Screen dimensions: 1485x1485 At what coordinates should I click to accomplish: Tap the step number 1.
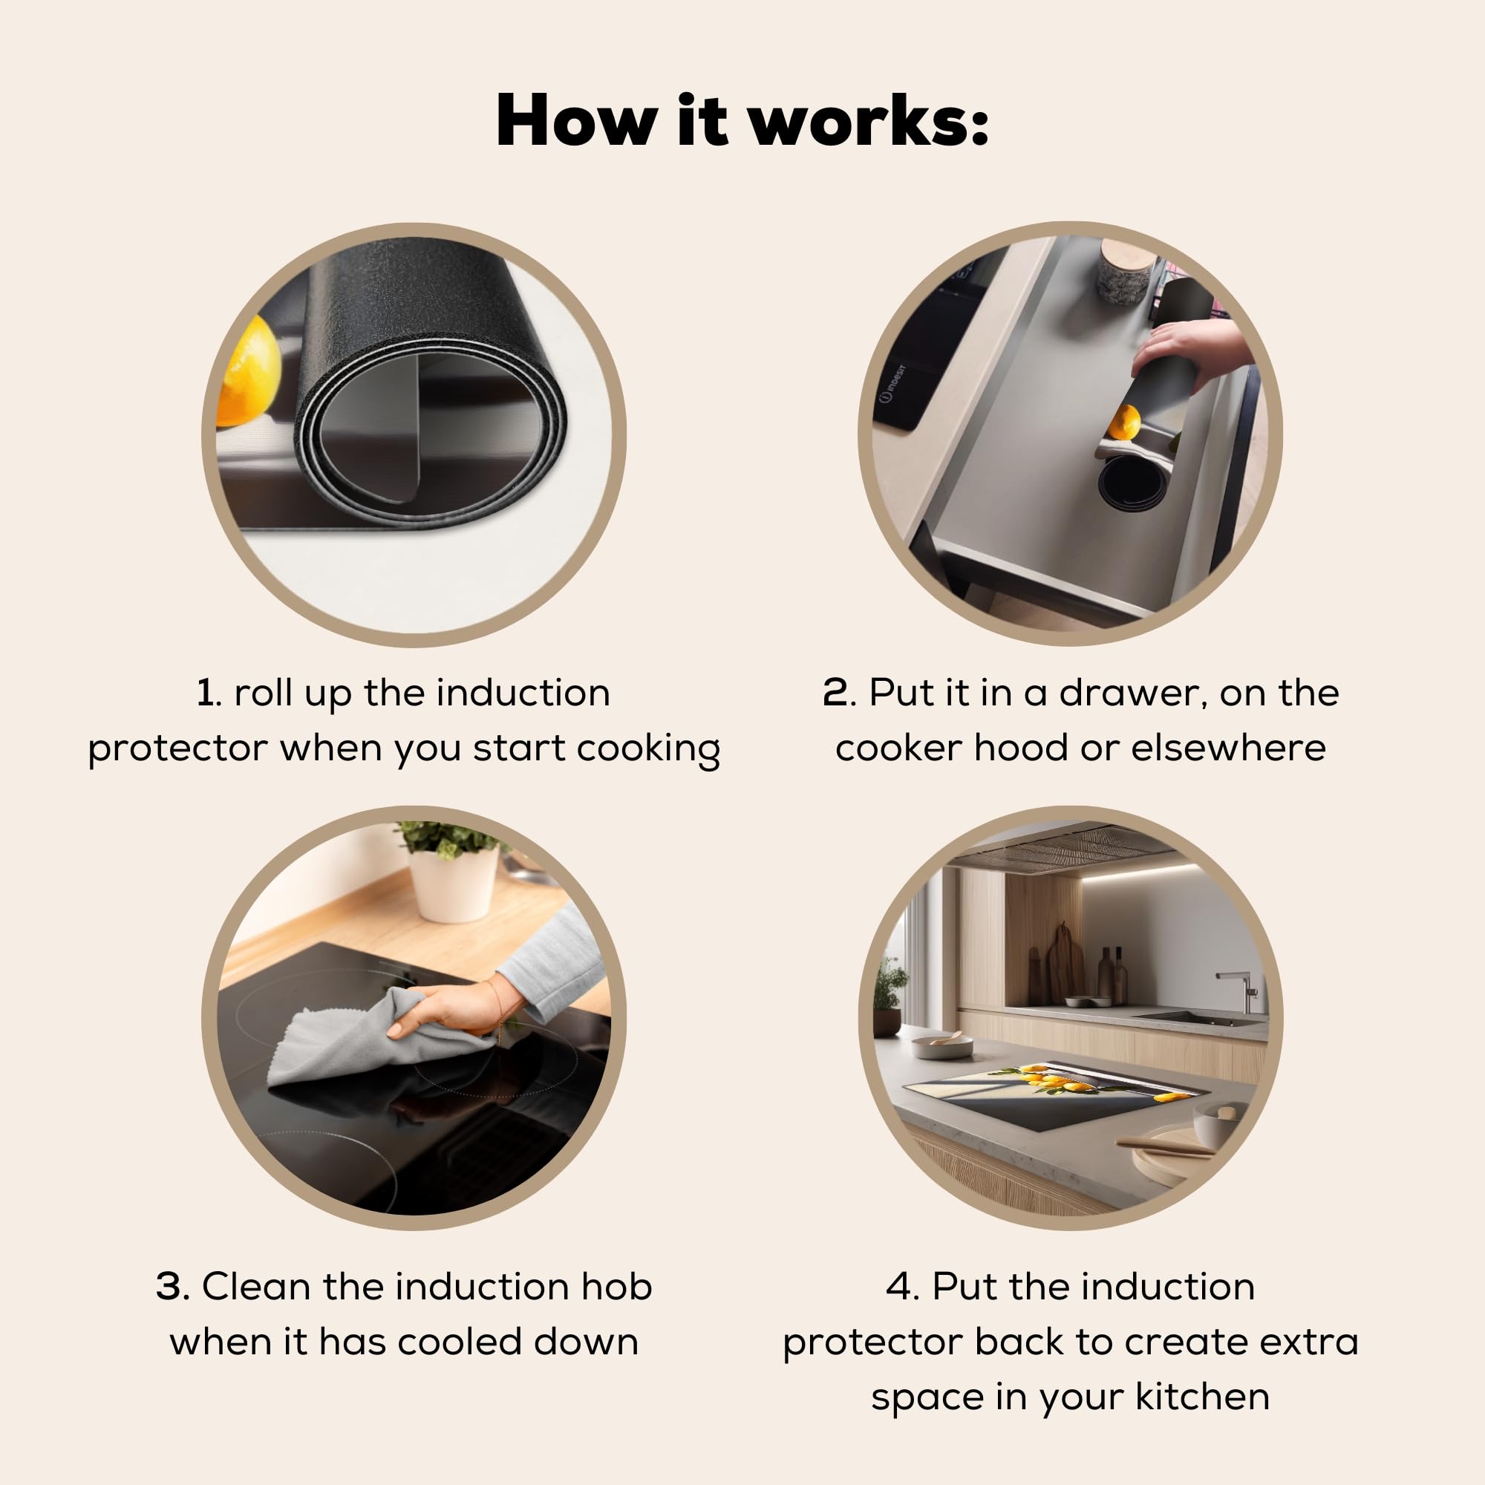(205, 693)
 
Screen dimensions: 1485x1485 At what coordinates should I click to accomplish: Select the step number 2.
(836, 693)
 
